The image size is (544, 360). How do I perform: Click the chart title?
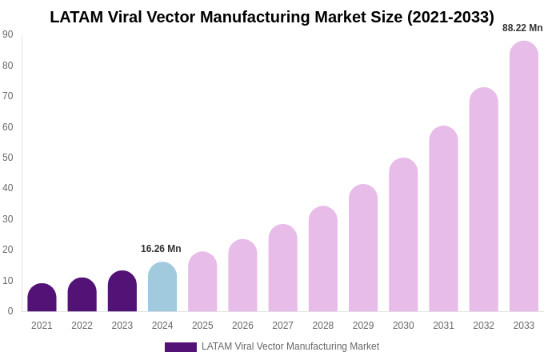coord(272,17)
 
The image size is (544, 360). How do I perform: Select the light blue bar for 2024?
coord(162,287)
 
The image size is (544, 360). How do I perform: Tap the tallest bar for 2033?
coord(524,176)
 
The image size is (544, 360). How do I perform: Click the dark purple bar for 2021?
coord(42,298)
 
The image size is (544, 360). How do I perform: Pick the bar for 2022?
coord(82,295)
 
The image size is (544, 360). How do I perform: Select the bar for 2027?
coord(282,268)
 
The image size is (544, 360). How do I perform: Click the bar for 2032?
coord(483,199)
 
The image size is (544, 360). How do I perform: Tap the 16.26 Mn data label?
coord(161,249)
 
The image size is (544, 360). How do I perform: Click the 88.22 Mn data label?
coord(522,28)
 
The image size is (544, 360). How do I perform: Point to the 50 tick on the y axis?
coord(8,158)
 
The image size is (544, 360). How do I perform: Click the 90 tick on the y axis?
coord(8,34)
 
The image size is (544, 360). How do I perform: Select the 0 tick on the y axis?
coord(10,311)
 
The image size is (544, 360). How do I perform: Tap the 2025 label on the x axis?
coord(202,326)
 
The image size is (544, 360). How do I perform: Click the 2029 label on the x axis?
coord(363,326)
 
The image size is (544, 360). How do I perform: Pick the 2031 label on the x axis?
coord(443,326)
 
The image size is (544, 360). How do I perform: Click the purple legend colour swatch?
coord(181,347)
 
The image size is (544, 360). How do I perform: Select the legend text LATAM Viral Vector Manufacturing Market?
coord(290,346)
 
